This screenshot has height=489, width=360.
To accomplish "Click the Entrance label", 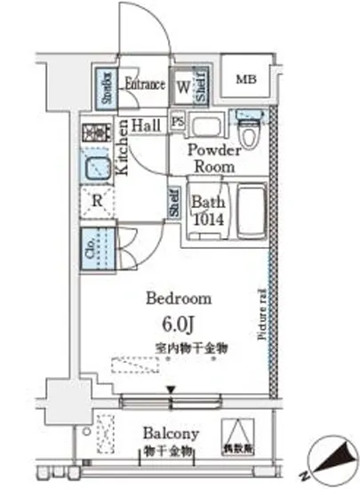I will [x=144, y=85].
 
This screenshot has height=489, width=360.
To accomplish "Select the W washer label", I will [x=183, y=87].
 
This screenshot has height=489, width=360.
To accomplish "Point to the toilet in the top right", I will [x=250, y=129].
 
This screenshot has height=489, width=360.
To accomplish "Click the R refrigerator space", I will [x=96, y=201].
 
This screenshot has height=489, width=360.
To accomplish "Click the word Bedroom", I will [x=179, y=299].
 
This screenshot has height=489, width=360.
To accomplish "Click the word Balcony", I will [x=171, y=434].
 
